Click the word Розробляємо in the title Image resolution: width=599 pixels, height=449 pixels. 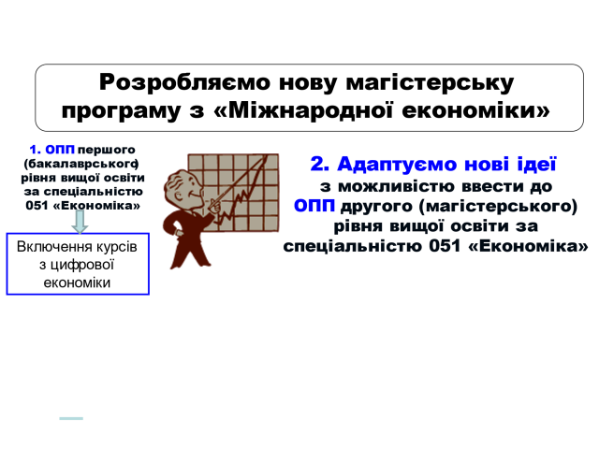coord(184,83)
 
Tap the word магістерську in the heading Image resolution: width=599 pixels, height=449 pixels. coord(430,83)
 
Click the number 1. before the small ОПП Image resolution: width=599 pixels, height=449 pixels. coord(36,150)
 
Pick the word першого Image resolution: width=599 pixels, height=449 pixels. coord(106,150)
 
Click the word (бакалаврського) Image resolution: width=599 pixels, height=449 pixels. coord(81,165)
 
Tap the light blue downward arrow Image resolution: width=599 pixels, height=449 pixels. coord(80,222)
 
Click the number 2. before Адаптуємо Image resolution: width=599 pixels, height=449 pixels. coord(320,165)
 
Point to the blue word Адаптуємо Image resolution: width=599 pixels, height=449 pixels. coord(397,165)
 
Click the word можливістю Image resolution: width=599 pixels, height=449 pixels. coord(397,187)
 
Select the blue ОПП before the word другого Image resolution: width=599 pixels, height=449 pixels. coord(314,206)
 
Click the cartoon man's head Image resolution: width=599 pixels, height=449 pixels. coord(181,187)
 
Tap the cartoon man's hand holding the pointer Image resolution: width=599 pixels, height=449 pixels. coord(214,207)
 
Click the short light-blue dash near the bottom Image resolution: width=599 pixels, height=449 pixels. coord(71,418)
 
